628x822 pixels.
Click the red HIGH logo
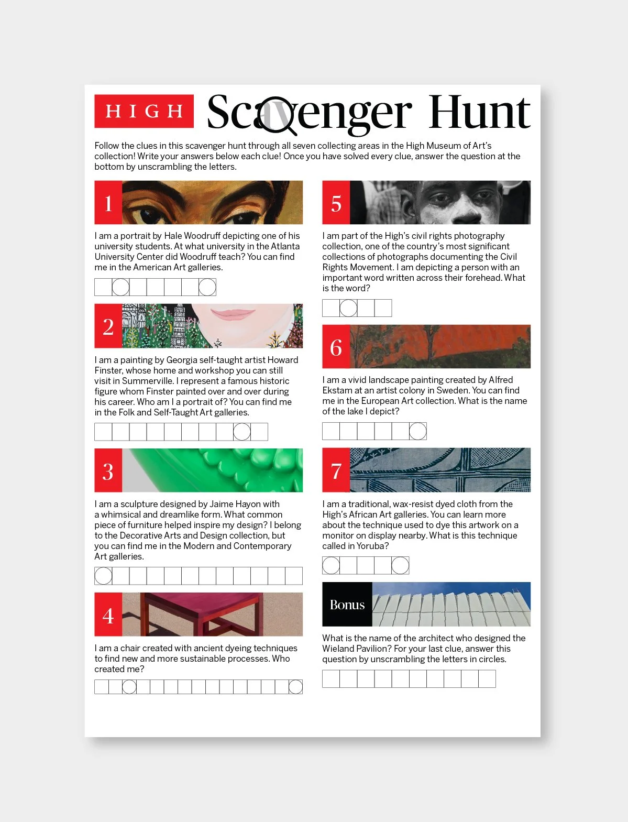coord(144,111)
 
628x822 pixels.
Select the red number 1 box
coord(108,203)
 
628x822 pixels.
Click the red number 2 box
coord(108,326)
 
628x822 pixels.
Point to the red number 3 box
coord(108,470)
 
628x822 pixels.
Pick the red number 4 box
coord(108,615)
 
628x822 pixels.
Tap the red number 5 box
coord(336,203)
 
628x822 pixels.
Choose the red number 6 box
coord(336,347)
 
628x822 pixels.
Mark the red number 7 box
coord(336,470)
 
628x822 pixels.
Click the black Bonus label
coord(347,605)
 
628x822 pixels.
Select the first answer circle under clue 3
coord(103,576)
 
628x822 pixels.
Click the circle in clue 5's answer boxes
coord(348,308)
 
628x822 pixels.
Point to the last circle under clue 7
coord(400,566)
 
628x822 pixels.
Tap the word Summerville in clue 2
coord(148,381)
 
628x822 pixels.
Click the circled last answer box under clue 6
coord(417,431)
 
